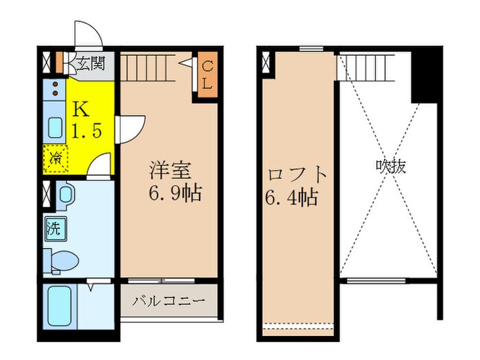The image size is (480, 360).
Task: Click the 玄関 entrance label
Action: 90,64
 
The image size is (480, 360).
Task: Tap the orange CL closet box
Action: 208,76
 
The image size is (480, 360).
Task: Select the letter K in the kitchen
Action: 80,109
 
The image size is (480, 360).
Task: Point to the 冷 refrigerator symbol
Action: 55,158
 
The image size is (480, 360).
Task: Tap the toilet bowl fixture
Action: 64,261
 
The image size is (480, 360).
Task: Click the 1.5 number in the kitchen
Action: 88,130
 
